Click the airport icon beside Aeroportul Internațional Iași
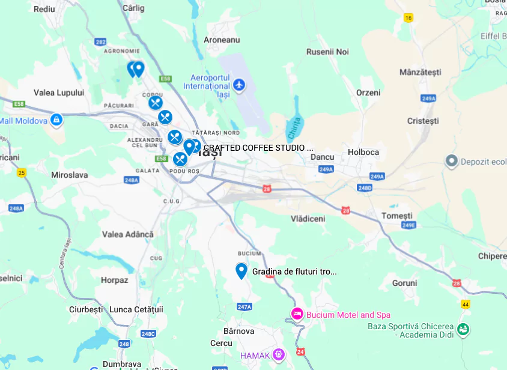click(x=239, y=85)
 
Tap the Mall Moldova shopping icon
click(x=56, y=120)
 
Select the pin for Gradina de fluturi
click(x=241, y=271)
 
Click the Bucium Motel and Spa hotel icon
click(x=297, y=314)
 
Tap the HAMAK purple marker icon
click(x=278, y=355)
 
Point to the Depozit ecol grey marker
click(x=452, y=162)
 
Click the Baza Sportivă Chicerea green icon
click(x=463, y=329)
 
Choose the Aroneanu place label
click(x=222, y=40)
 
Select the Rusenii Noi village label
click(x=327, y=52)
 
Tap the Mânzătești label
click(x=420, y=72)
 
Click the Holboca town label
click(x=363, y=152)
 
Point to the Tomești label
click(x=397, y=216)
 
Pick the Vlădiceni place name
click(x=308, y=219)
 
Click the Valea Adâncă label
click(x=128, y=234)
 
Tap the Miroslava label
click(x=70, y=175)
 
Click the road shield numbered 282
click(x=100, y=41)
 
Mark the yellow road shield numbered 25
click(x=22, y=173)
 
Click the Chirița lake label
click(x=293, y=128)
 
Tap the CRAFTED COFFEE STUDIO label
click(x=258, y=148)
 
